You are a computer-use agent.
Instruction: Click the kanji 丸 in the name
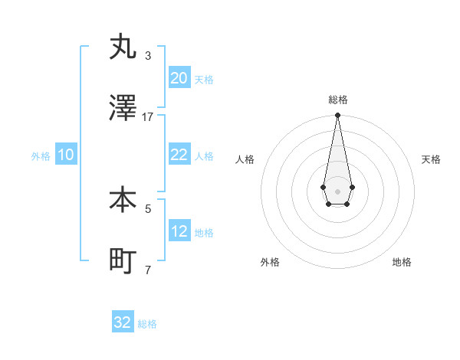[x=123, y=47]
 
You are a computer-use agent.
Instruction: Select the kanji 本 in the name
[x=123, y=199]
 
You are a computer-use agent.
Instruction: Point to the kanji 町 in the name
[x=123, y=261]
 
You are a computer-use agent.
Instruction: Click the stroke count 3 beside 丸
[x=148, y=56]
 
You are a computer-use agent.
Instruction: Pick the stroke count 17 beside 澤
[x=148, y=117]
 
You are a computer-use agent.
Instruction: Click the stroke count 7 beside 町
[x=148, y=270]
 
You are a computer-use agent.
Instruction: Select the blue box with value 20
[x=179, y=78]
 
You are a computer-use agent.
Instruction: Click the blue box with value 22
[x=179, y=155]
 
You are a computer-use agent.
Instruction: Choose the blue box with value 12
[x=179, y=231]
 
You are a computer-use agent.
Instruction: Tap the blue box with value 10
[x=66, y=155]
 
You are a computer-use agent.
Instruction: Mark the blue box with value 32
[x=123, y=322]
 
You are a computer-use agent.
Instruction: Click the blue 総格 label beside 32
[x=147, y=324]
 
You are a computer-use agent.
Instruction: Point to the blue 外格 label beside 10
[x=41, y=156]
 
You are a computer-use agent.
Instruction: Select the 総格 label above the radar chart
[x=337, y=100]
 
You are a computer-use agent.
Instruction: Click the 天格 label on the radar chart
[x=431, y=159]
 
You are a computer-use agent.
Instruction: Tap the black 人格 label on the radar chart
[x=245, y=159]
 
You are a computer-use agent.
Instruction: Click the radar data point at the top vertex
[x=337, y=116]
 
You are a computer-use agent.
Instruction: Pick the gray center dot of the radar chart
[x=337, y=190]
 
